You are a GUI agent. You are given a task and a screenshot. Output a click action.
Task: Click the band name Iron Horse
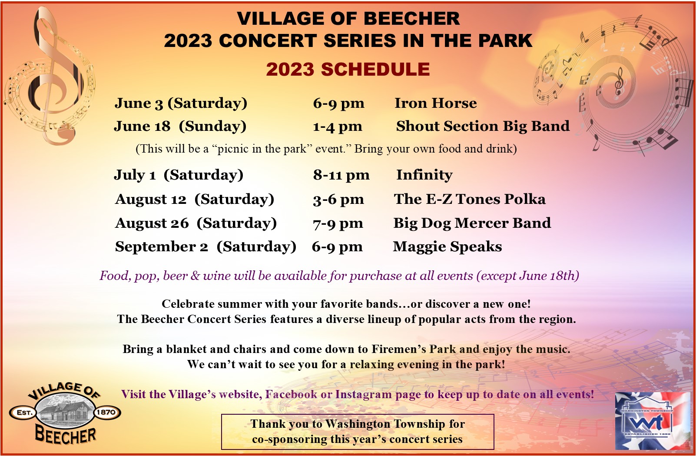pos(435,103)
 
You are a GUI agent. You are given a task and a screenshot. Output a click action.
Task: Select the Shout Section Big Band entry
pos(483,126)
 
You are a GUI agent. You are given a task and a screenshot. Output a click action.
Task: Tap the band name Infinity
pos(424,175)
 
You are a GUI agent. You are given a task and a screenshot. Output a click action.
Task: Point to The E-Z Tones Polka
pos(470,199)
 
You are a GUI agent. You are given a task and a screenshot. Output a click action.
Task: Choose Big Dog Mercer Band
pos(472,223)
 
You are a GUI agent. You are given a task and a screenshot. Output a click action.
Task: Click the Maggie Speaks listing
pos(447,247)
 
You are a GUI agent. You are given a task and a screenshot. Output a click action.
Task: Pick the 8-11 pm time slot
pos(341,175)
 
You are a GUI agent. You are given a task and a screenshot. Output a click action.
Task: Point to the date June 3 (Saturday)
pos(181,103)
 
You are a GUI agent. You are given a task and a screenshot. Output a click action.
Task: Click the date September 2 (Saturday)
pos(205,247)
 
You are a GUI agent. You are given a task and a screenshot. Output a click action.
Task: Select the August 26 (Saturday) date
pos(196,223)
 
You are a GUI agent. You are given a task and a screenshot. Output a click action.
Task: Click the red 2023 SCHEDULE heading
pos(348,69)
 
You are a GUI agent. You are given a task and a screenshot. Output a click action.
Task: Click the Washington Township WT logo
pos(652,421)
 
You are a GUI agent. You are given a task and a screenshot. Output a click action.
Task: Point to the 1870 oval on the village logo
pos(106,413)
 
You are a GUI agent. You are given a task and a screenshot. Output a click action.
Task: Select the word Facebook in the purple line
pos(291,394)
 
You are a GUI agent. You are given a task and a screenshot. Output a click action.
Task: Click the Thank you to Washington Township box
pos(357,432)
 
